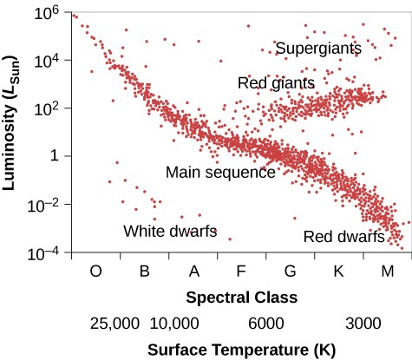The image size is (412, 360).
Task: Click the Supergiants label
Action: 317,49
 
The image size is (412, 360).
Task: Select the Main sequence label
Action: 220,172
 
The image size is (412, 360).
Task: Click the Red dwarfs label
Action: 344,237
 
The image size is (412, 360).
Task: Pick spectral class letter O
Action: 96,272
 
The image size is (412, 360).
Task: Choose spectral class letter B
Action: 145,272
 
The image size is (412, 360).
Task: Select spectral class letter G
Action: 290,272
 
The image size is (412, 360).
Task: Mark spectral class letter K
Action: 338,272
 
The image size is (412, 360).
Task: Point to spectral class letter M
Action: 387,272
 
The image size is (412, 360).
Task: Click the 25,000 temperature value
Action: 114,324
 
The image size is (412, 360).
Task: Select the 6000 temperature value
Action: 267,324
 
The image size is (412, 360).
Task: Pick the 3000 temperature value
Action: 363,324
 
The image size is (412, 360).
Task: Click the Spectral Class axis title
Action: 241,298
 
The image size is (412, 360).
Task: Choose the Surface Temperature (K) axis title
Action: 240,350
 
